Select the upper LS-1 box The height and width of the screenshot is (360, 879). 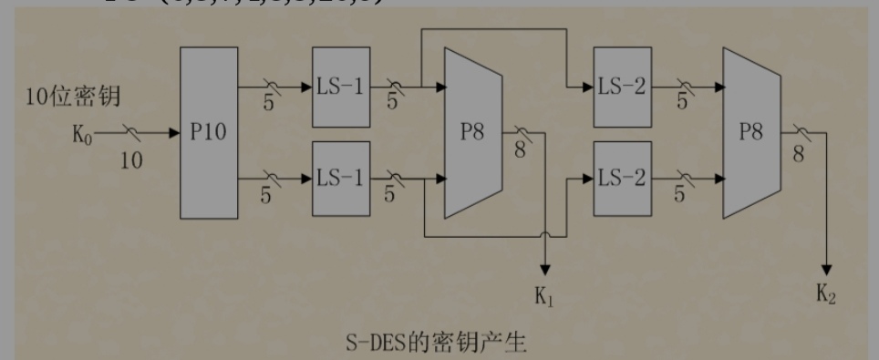coord(340,88)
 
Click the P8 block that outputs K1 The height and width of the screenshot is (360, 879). coord(473,133)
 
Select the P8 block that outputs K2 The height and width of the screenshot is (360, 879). coord(752,133)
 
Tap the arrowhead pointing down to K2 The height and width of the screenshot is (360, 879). coord(827,269)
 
